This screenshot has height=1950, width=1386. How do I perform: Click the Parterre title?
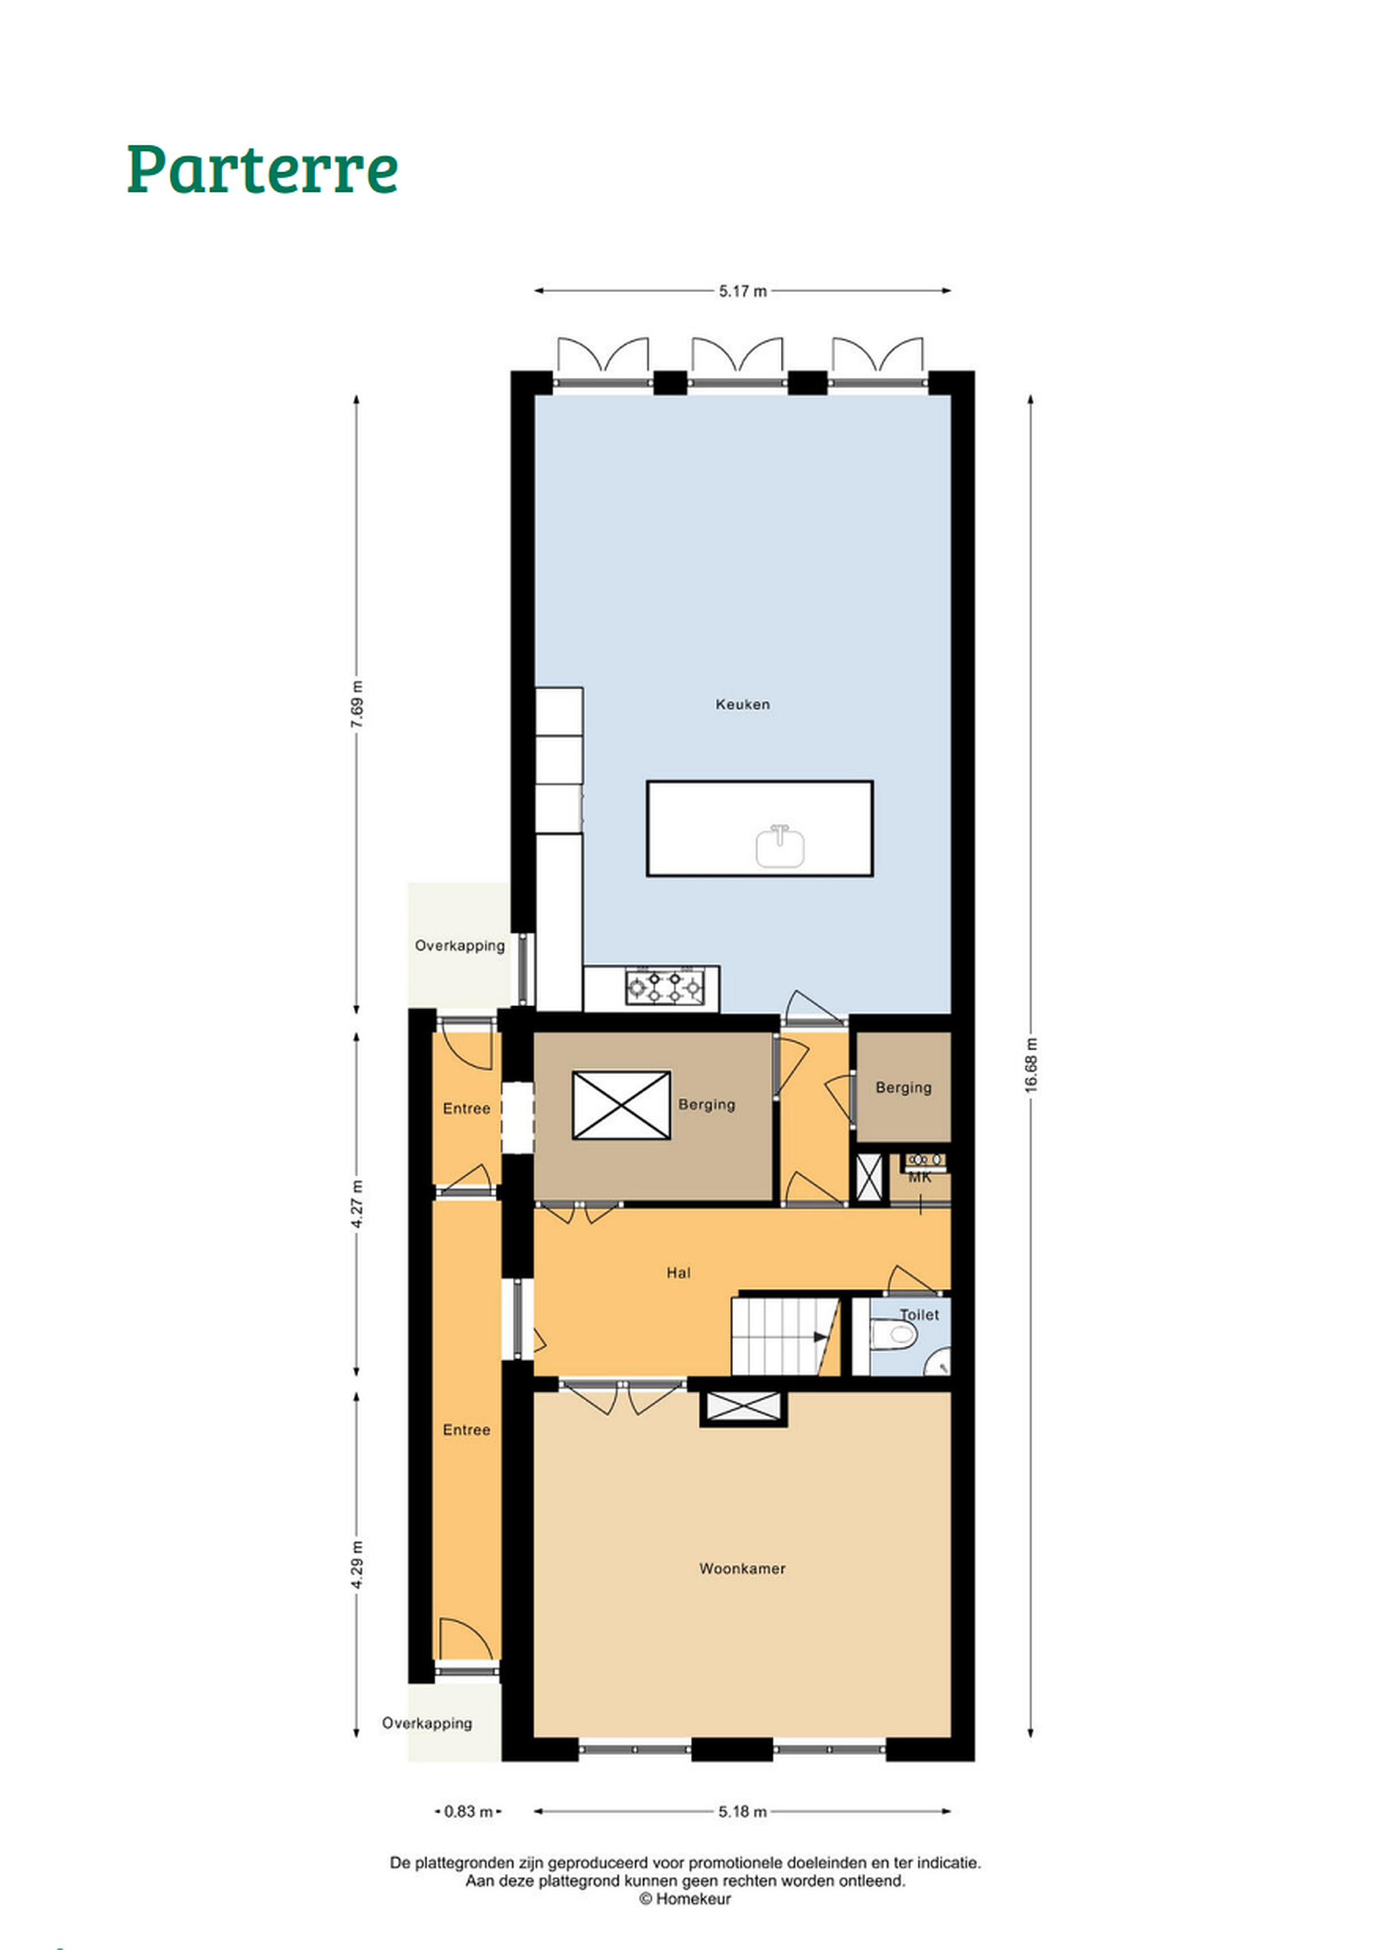(263, 169)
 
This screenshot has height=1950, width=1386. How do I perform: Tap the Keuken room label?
(742, 704)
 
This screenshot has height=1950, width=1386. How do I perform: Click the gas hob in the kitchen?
(664, 988)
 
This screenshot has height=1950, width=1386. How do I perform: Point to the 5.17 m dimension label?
(742, 291)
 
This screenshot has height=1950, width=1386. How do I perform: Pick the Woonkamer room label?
(742, 1568)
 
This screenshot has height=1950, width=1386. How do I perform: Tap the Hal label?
(679, 1273)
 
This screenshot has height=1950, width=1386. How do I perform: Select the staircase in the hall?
(786, 1336)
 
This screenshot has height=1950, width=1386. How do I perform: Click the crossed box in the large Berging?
(621, 1106)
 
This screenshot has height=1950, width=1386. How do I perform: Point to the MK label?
(920, 1177)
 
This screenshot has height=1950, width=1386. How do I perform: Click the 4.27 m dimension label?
(357, 1204)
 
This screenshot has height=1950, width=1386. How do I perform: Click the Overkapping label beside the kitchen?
(460, 945)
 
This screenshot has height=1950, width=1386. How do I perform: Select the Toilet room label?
(919, 1315)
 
